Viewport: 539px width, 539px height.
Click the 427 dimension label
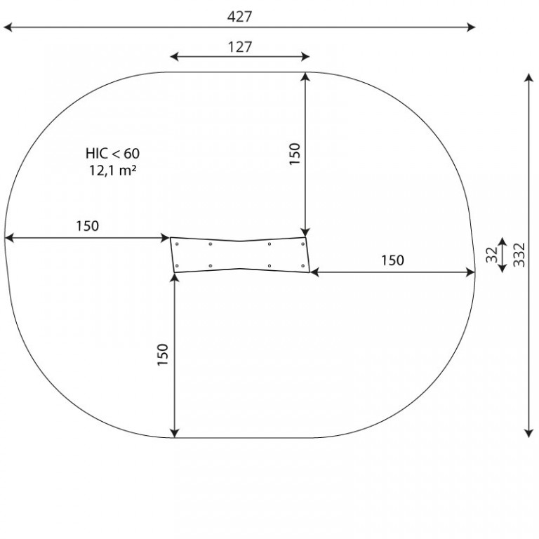point(239,17)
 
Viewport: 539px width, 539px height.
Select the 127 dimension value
point(240,47)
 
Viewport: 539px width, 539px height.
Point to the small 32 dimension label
point(492,255)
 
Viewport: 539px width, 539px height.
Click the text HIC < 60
point(113,153)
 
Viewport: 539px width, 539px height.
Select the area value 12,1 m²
point(113,170)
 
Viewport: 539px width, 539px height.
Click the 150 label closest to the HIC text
point(87,226)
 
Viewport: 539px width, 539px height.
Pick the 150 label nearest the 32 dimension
point(392,260)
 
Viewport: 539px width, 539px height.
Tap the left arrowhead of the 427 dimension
point(8,27)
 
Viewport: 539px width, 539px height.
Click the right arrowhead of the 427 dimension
point(471,27)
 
